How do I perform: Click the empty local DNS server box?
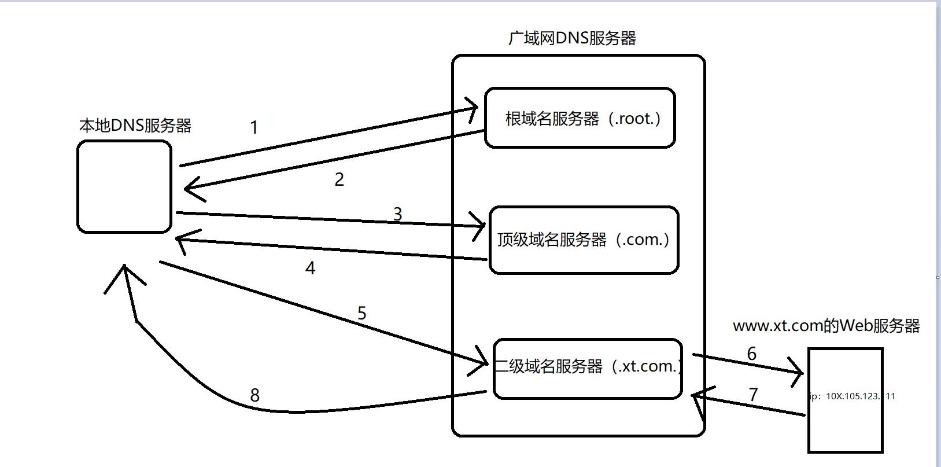[124, 186]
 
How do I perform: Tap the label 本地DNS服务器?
[135, 126]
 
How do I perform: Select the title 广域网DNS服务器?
[572, 38]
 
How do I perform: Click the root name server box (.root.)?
[580, 118]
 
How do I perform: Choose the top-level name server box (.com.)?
[584, 240]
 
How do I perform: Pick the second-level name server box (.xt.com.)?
[588, 368]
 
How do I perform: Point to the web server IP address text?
[853, 396]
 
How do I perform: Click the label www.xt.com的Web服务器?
[826, 326]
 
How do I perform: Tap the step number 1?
[253, 127]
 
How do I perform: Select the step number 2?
[340, 179]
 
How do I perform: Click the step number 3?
[397, 214]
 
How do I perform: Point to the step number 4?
[310, 268]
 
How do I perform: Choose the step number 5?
[361, 313]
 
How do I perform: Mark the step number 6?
[751, 354]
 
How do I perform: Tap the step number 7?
[753, 394]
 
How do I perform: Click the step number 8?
[254, 395]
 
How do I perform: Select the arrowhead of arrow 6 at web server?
[798, 374]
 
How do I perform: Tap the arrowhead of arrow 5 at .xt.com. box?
[485, 363]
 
